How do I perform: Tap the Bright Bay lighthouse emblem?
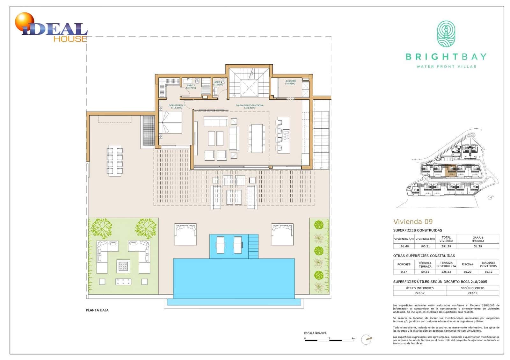pyautogui.click(x=446, y=34)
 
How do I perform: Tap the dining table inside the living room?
pyautogui.click(x=257, y=138)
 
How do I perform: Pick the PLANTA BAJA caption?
pyautogui.click(x=97, y=310)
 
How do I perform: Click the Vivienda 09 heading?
pyautogui.click(x=413, y=222)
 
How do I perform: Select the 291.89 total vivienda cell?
pyautogui.click(x=446, y=246)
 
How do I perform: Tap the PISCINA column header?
pyautogui.click(x=467, y=264)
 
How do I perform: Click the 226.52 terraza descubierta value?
pyautogui.click(x=446, y=272)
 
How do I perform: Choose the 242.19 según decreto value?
pyautogui.click(x=472, y=293)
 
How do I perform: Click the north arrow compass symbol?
pyautogui.click(x=367, y=339)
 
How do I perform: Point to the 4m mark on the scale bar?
pyautogui.click(x=353, y=338)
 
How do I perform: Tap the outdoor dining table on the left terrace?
pyautogui.click(x=115, y=161)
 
